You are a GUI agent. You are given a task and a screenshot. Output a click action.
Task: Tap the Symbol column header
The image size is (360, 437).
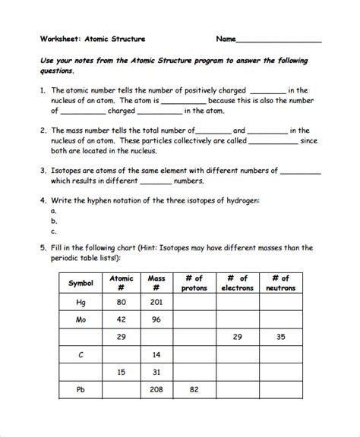pos(81,283)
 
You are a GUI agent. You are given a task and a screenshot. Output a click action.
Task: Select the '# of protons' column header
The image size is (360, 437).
pos(194,283)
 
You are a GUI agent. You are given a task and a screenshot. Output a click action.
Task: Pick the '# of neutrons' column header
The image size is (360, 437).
pos(280,283)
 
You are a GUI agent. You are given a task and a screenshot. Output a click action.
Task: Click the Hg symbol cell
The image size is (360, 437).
pos(81,302)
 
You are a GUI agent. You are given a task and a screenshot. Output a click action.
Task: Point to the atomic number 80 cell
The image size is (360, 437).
pos(121,302)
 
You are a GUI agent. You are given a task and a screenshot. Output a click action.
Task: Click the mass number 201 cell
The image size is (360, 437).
pos(156,302)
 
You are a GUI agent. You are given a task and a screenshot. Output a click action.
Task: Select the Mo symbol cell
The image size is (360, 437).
pos(81,319)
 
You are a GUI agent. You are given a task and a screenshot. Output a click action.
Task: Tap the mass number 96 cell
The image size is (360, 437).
pos(156,319)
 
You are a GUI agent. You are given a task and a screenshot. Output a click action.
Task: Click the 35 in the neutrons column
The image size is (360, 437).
pos(280,337)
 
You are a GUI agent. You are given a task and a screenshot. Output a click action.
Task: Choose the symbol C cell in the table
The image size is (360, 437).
pos(81,354)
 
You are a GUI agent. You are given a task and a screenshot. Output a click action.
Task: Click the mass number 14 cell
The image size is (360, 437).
pos(156,354)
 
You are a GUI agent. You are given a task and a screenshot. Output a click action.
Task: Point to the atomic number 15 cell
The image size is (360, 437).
pos(121,372)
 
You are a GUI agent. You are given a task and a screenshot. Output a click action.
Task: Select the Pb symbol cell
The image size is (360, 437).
pos(81,389)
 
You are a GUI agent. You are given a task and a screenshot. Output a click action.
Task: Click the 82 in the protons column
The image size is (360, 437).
pos(194,389)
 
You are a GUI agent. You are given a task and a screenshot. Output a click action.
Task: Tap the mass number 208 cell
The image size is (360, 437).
pos(156,389)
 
